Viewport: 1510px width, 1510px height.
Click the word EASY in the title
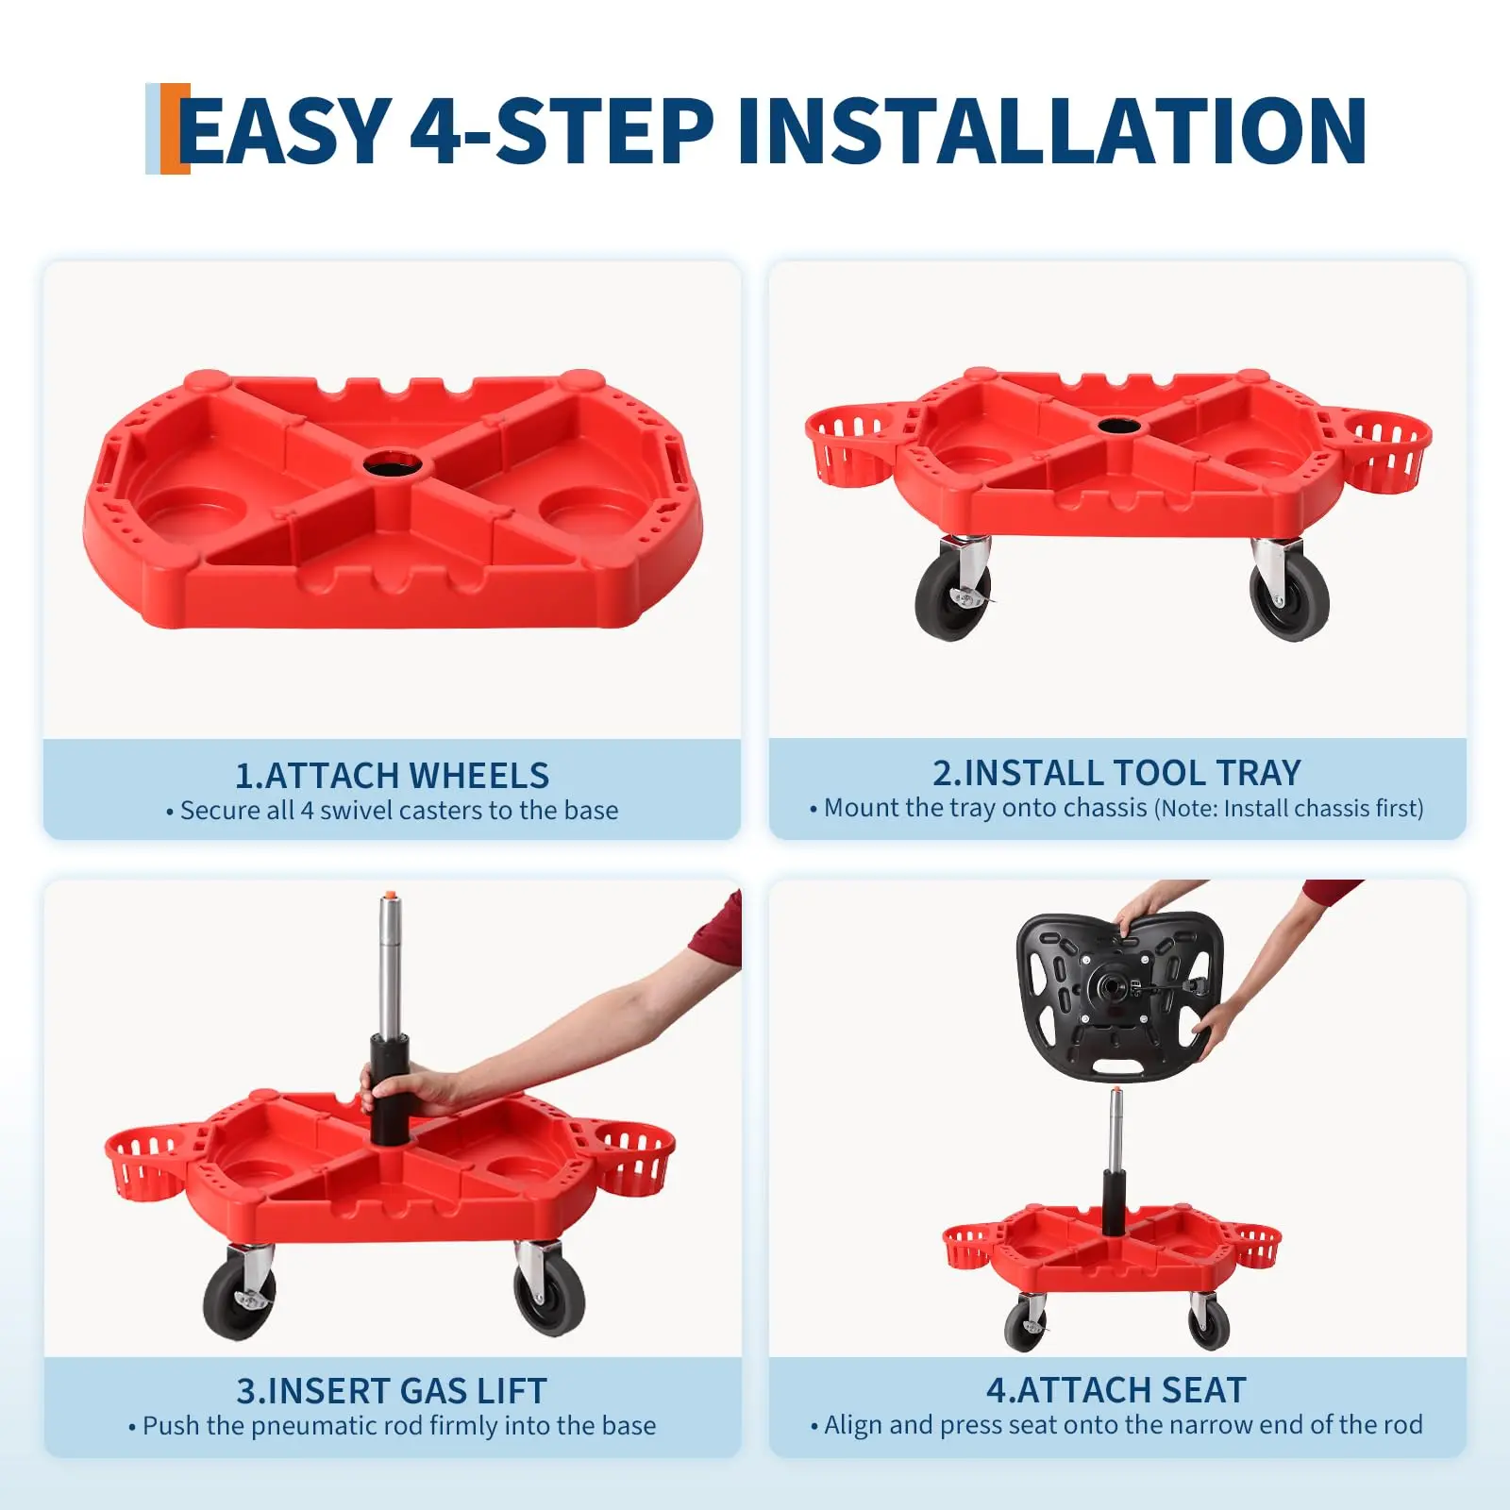(284, 130)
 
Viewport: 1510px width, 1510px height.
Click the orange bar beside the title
(175, 129)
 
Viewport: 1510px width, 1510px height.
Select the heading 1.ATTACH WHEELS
(392, 775)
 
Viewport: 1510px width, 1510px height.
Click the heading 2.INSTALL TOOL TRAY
(1116, 772)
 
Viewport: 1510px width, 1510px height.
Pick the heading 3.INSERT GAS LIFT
(392, 1390)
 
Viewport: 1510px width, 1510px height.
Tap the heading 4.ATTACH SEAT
(1116, 1389)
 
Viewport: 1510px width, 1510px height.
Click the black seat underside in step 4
(1119, 996)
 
